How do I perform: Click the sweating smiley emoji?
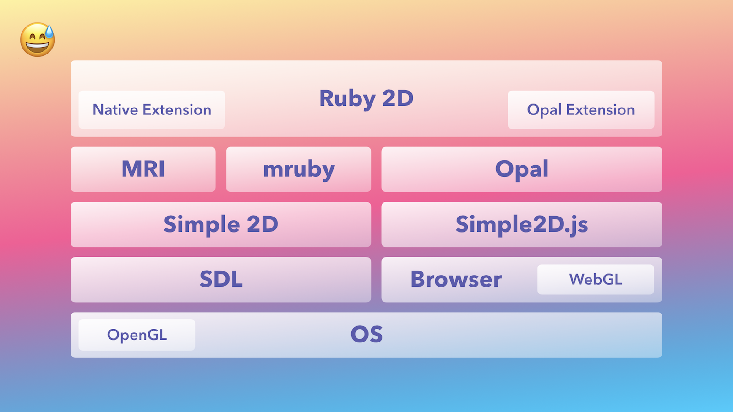pyautogui.click(x=37, y=39)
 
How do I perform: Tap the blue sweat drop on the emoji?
pyautogui.click(x=49, y=32)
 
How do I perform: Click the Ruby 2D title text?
pyautogui.click(x=366, y=98)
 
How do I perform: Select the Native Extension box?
pyautogui.click(x=152, y=110)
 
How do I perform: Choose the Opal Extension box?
pyautogui.click(x=581, y=110)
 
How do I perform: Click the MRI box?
pyautogui.click(x=143, y=169)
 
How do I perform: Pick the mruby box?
pyautogui.click(x=298, y=169)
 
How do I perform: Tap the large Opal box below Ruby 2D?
pyautogui.click(x=522, y=169)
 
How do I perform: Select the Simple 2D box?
pyautogui.click(x=221, y=225)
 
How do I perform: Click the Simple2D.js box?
pyautogui.click(x=522, y=225)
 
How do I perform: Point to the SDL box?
pyautogui.click(x=221, y=280)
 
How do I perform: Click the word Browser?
pyautogui.click(x=456, y=279)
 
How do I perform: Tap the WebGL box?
pyautogui.click(x=596, y=280)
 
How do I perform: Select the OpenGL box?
pyautogui.click(x=137, y=335)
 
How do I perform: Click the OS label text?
pyautogui.click(x=366, y=335)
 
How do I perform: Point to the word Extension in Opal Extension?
pyautogui.click(x=601, y=110)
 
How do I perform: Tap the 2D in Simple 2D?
pyautogui.click(x=263, y=224)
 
